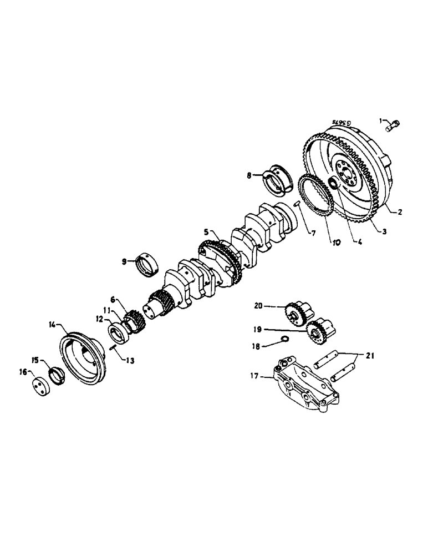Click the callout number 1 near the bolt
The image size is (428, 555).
pos(381,119)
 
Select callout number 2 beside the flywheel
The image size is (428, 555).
pos(399,211)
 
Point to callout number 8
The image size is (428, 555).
pos(250,175)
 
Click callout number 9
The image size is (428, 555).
pos(125,260)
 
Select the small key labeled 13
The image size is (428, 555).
pos(113,349)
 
